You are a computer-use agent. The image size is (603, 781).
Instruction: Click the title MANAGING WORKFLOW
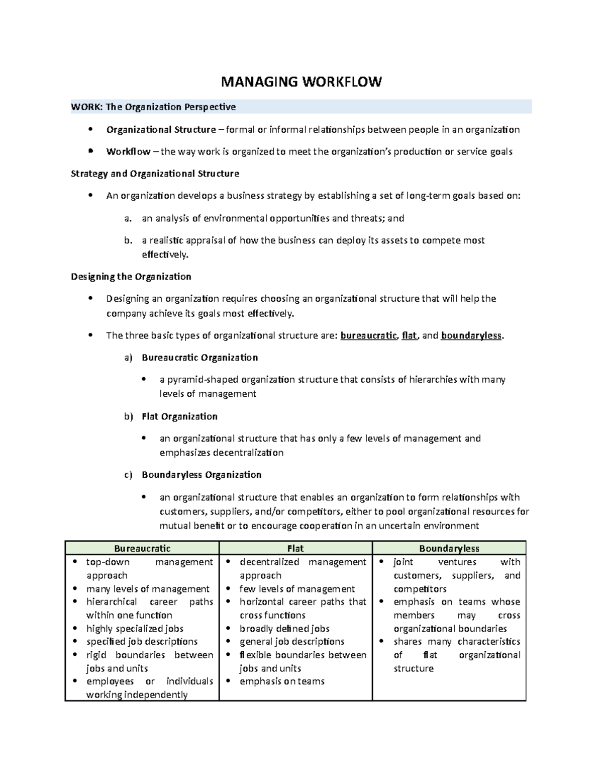301,82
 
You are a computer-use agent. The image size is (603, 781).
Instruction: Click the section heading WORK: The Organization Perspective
153,107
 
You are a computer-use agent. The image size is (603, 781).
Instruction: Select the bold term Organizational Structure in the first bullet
161,130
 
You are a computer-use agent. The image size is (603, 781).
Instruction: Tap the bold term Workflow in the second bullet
128,151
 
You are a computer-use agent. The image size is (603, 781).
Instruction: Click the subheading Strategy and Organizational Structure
155,174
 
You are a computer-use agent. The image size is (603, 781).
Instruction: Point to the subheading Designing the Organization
131,277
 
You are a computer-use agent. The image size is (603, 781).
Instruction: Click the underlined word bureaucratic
368,335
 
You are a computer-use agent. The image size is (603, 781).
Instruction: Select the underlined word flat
409,335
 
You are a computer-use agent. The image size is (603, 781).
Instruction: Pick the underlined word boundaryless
471,335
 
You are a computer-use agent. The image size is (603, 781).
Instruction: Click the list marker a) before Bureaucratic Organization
128,358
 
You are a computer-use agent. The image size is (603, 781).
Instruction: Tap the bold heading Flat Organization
179,416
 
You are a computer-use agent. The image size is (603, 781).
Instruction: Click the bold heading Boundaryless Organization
202,475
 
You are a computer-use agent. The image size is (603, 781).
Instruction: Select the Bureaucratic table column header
142,548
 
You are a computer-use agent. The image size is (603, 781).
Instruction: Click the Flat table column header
295,548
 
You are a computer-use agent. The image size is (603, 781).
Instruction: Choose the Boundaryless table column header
449,548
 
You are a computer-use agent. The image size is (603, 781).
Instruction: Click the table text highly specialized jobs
135,629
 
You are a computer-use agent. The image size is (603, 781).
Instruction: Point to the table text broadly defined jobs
284,629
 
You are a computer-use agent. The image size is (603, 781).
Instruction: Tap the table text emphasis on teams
282,681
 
